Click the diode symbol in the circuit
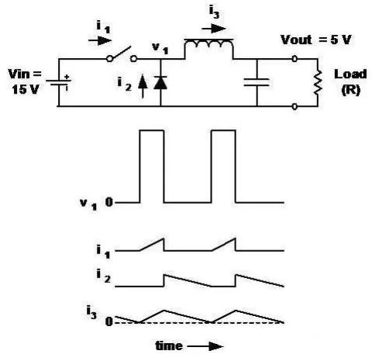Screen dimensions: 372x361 160,83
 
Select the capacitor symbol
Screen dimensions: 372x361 257,82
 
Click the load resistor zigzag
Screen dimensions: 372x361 318,83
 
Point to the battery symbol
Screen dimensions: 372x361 58,82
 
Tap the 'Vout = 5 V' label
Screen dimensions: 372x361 316,40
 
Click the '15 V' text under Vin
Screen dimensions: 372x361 26,89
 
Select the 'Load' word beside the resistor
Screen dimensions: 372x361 350,74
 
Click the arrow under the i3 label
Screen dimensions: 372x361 214,29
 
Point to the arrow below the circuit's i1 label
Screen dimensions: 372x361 100,40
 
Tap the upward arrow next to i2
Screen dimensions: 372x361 143,87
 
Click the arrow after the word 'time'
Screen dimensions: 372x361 205,346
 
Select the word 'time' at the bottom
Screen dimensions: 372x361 169,346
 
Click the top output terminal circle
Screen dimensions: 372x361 294,59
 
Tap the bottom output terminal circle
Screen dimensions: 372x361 294,106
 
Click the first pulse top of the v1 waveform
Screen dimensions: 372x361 152,130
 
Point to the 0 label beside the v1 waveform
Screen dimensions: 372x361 109,202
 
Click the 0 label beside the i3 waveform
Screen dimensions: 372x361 109,322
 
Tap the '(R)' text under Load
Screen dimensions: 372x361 350,90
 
